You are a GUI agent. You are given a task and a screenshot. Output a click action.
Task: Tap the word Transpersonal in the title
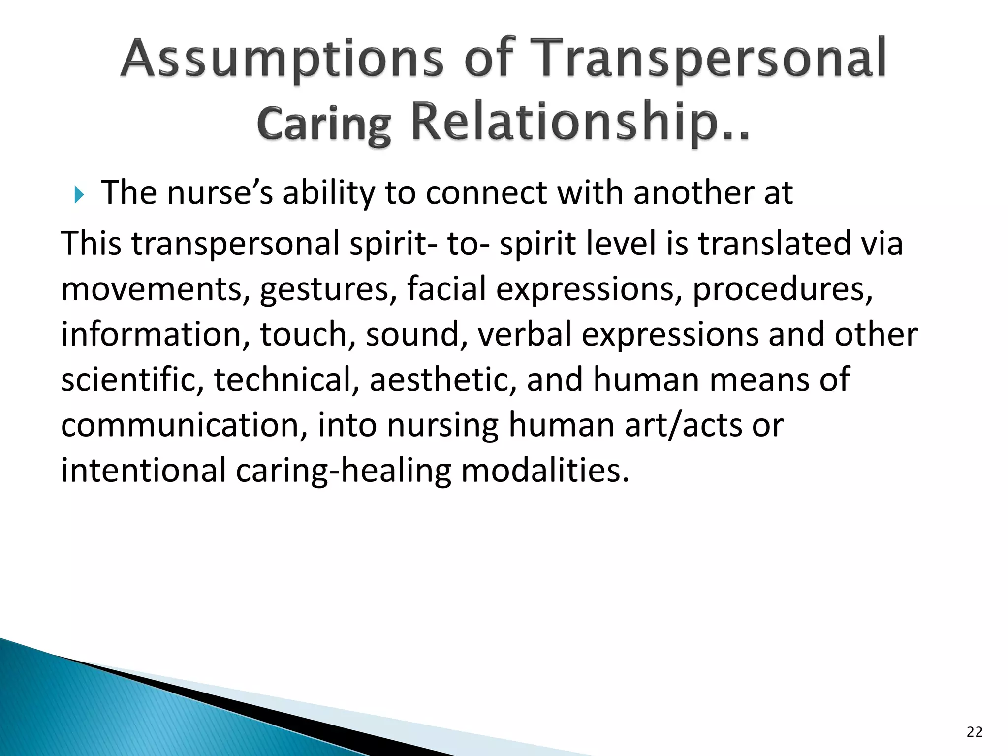pos(707,59)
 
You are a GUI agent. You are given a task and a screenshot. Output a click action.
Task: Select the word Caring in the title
pos(323,123)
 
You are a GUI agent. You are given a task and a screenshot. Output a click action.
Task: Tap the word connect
pos(486,193)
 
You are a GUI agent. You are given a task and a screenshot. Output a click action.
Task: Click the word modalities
pos(545,471)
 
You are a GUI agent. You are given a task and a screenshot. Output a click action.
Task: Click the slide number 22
pos(974,732)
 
